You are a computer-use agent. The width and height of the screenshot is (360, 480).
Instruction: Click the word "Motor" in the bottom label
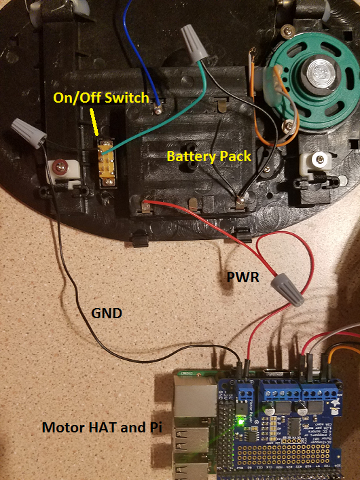click(62, 428)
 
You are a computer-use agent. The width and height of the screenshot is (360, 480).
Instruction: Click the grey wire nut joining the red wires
click(289, 288)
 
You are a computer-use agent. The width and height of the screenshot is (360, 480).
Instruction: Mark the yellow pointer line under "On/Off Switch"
click(96, 124)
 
